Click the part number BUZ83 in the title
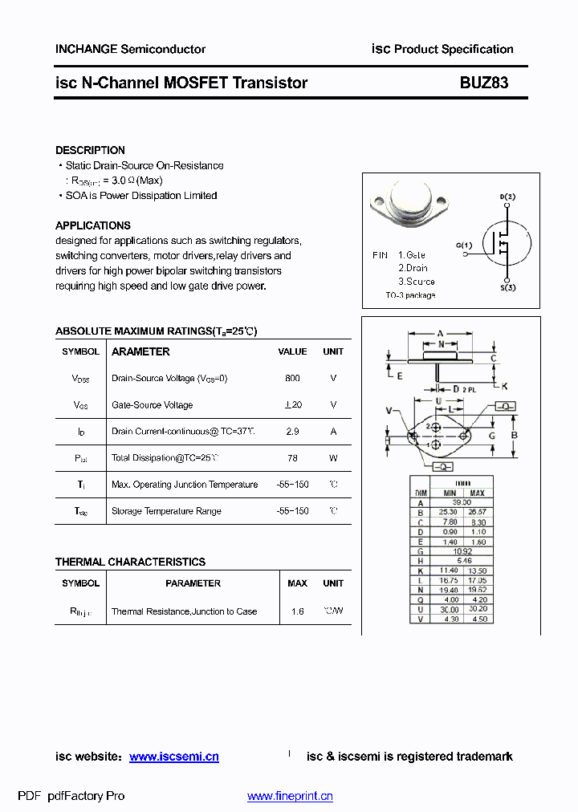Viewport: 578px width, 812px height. click(x=483, y=83)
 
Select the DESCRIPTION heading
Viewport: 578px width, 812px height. click(x=90, y=150)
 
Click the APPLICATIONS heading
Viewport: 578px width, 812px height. click(x=92, y=225)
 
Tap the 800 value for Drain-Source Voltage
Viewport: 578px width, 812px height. click(x=292, y=378)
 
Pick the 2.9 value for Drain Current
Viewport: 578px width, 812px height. click(x=292, y=431)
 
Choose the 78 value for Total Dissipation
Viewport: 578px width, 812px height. click(x=292, y=458)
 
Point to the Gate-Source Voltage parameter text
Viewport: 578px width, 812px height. click(x=152, y=405)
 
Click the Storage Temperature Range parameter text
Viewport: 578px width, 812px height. click(x=166, y=511)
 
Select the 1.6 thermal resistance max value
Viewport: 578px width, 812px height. click(x=298, y=611)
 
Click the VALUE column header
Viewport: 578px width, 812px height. click(x=292, y=351)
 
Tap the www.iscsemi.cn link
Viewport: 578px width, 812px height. click(x=173, y=757)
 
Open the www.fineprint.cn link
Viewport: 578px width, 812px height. click(x=290, y=796)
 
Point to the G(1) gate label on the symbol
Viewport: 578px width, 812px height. click(x=463, y=245)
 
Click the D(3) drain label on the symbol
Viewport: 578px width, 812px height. click(x=507, y=197)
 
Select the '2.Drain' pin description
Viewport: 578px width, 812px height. click(x=413, y=268)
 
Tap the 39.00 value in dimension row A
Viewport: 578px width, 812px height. click(x=462, y=502)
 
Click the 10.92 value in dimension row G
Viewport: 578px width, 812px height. click(x=462, y=551)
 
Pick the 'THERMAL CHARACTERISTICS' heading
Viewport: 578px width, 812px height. click(x=130, y=562)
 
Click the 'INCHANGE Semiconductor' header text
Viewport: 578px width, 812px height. click(x=130, y=49)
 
